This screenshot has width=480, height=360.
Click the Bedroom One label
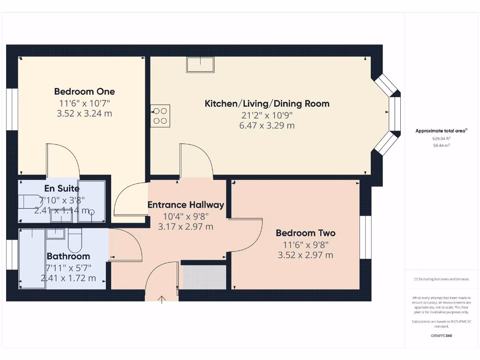pos(84,91)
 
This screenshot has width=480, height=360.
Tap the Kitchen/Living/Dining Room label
pos(267,104)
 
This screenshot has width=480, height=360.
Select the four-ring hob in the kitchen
pos(160,115)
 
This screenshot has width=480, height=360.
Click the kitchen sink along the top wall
pos(201,64)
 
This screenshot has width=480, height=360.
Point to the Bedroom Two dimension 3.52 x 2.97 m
pos(305,255)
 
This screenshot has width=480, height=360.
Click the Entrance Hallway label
pos(186,205)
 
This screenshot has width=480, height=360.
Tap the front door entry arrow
pos(162,300)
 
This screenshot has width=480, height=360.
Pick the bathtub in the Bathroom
pos(32,258)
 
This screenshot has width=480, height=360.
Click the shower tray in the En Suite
pos(91,200)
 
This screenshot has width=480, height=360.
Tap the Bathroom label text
pos(68,256)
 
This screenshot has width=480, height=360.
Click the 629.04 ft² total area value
pos(441,139)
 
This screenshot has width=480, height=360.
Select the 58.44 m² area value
pos(441,146)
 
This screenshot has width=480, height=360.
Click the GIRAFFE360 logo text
pos(441,336)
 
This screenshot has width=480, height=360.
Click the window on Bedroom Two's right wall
pos(365,237)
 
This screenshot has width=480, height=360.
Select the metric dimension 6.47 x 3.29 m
pos(267,126)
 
